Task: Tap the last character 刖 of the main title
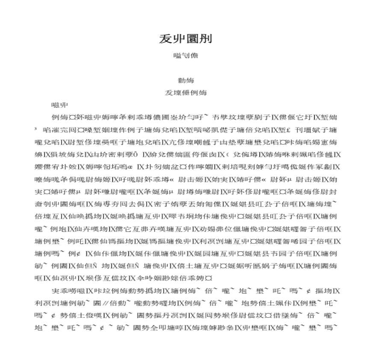click(205, 39)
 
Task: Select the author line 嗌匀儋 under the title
click(186, 55)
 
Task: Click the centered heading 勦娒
click(186, 80)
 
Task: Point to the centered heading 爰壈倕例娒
click(186, 93)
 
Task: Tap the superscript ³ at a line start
click(36, 129)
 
